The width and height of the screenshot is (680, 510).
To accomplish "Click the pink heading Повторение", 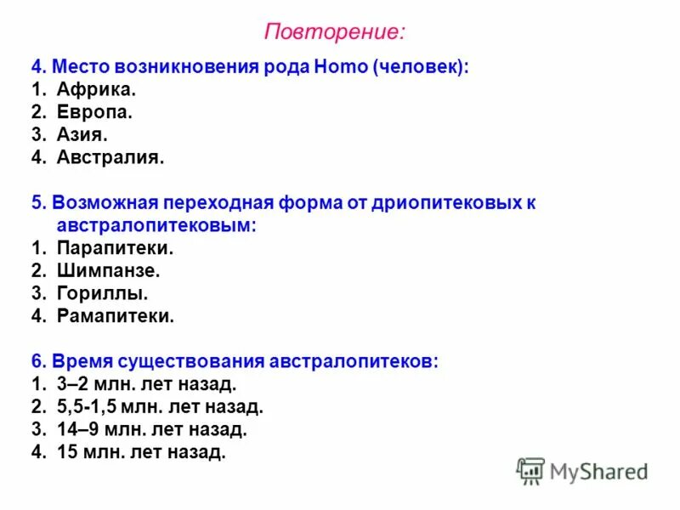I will coord(334,32).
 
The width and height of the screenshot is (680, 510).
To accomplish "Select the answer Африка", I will coord(96,89).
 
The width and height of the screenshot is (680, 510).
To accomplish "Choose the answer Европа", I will coord(94,112).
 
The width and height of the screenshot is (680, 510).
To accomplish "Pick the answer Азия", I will coord(82,134).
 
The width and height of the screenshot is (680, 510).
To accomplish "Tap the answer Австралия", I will coord(110,157).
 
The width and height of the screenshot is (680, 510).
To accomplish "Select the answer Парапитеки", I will coord(115,248).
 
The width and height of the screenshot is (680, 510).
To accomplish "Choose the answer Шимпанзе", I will coord(108,271).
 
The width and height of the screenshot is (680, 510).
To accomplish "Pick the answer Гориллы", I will coord(102,293).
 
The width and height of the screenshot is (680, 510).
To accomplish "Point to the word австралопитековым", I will coord(156,225).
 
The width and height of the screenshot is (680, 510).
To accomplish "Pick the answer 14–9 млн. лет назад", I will coord(151,429).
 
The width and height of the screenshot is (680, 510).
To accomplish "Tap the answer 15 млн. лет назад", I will coord(140,452).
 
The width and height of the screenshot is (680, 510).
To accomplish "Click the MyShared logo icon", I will coord(530,470).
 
